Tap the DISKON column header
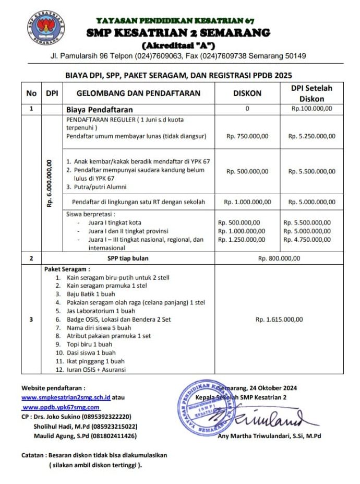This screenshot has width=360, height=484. (x=247, y=93)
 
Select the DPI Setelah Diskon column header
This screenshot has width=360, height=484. (x=312, y=93)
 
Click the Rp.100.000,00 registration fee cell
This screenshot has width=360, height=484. (x=312, y=109)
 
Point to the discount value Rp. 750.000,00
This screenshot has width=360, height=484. (x=247, y=136)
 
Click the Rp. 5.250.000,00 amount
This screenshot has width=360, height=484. (x=312, y=136)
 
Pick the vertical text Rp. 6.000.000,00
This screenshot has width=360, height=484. (x=51, y=183)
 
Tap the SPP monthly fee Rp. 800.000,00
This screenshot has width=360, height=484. (x=280, y=258)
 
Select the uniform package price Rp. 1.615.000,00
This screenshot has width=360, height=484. (x=280, y=320)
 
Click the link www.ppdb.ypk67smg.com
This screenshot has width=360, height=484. (x=61, y=407)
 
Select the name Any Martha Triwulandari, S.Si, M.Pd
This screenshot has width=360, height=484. (x=270, y=436)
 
